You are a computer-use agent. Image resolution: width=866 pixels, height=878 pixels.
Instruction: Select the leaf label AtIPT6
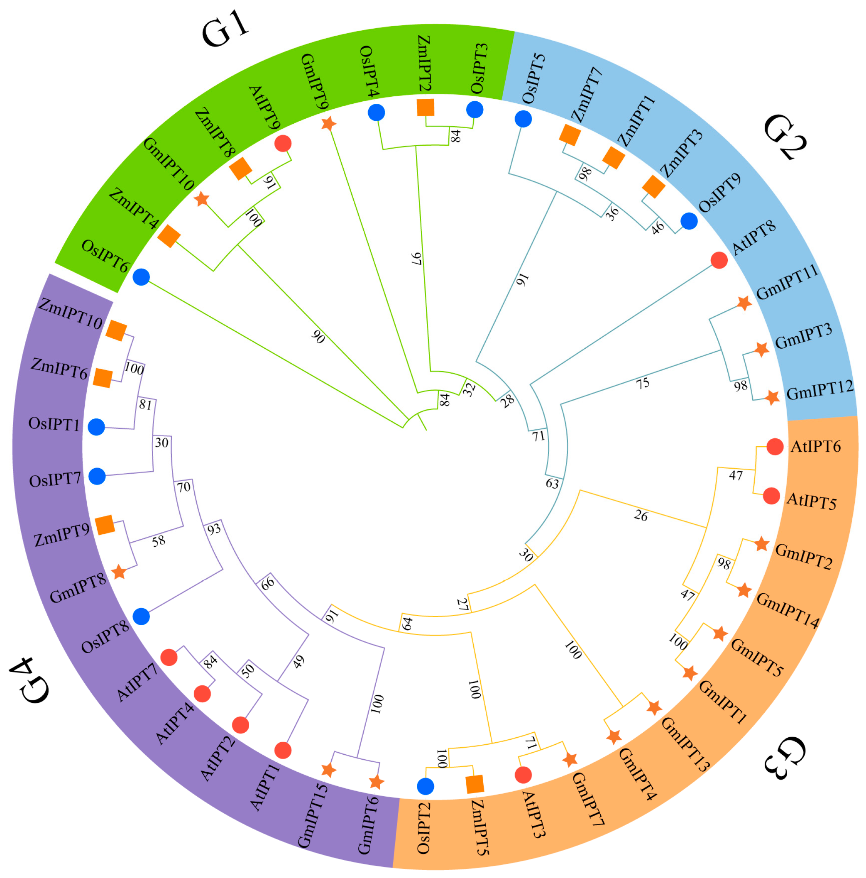coord(816,447)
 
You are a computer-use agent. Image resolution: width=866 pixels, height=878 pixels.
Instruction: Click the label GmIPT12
coord(820,390)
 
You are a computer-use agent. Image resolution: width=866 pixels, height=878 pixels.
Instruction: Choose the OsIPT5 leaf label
coord(533,78)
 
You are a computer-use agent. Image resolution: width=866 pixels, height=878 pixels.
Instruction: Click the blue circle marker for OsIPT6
coord(141,277)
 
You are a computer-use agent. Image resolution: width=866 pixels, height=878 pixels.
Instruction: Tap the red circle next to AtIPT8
coord(719,260)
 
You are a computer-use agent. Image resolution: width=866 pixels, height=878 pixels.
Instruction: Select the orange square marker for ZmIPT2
coord(425,108)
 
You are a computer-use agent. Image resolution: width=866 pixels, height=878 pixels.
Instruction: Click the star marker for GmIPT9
coord(328,123)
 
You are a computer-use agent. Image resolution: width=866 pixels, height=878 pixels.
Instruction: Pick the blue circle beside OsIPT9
coord(689,221)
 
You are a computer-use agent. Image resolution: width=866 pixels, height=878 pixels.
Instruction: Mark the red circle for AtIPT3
coord(524,775)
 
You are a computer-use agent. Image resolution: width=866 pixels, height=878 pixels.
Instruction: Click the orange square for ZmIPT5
coord(475,784)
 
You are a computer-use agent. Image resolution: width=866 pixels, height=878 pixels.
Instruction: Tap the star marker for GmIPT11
coord(744,303)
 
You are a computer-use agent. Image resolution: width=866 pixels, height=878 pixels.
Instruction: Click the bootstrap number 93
coord(214,528)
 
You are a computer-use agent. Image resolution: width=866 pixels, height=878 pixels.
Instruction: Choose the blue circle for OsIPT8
coord(141,617)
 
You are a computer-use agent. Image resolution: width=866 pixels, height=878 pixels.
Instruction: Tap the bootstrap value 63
coord(552,484)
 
